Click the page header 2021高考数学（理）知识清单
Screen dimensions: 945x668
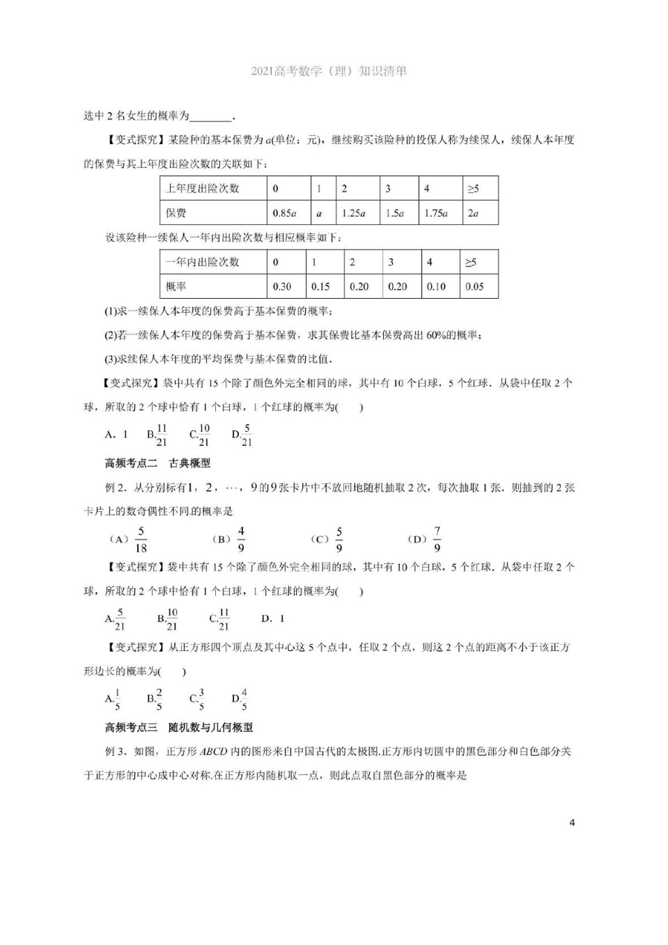tap(328, 71)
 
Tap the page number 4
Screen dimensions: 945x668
tap(572, 823)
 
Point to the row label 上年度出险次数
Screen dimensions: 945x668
tap(203, 188)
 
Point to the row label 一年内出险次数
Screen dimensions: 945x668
tap(203, 262)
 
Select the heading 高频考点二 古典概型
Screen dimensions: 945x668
tap(158, 463)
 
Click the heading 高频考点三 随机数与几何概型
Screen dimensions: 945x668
tap(179, 727)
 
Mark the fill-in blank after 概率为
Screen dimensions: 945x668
tap(210, 117)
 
